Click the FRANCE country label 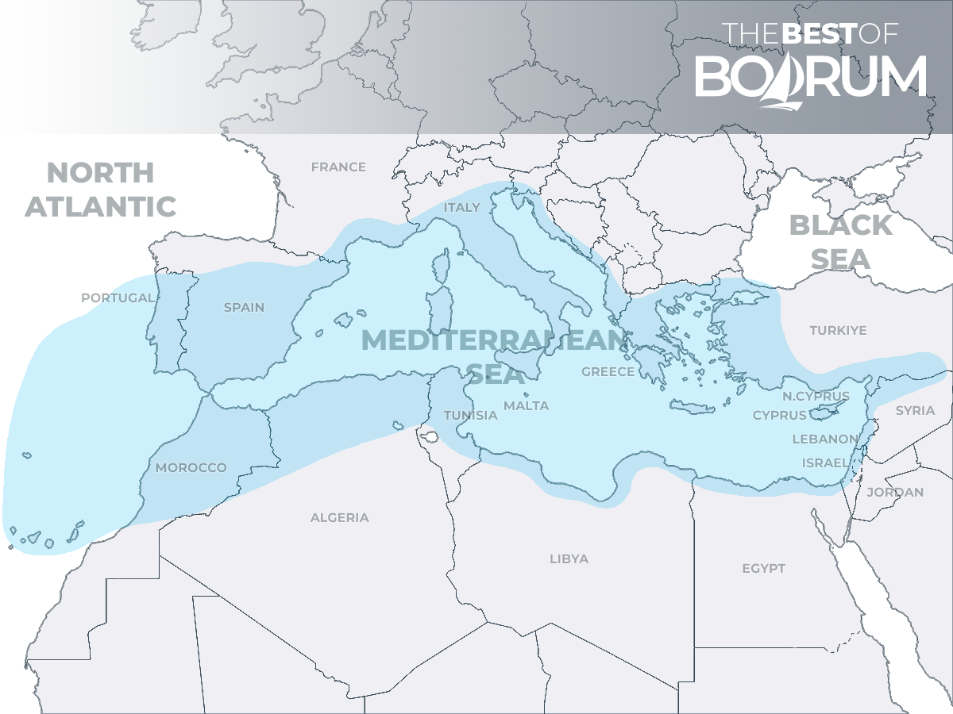(338, 167)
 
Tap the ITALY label (462, 208)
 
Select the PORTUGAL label (118, 298)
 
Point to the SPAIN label (244, 308)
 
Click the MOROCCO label (191, 468)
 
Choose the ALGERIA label (339, 518)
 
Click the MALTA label (526, 406)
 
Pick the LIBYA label (569, 559)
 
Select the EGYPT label (763, 569)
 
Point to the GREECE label (608, 372)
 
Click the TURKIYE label (838, 331)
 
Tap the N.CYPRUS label (816, 397)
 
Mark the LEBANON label (825, 439)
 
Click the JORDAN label (895, 493)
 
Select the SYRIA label (915, 411)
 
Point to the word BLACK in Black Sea (840, 225)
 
